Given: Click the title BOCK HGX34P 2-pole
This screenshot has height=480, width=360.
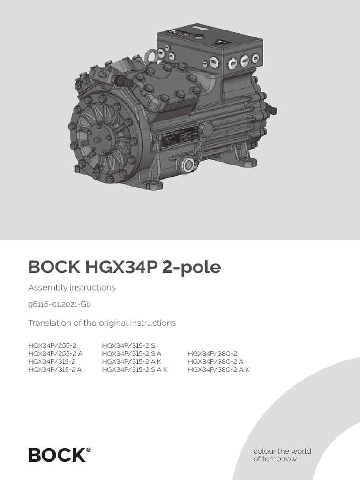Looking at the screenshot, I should tap(124, 267).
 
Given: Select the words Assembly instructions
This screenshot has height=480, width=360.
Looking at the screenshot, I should tap(72, 287).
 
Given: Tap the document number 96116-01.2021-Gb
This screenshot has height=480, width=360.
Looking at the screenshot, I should tap(60, 304).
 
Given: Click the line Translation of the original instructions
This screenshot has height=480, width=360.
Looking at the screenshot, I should tap(102, 323).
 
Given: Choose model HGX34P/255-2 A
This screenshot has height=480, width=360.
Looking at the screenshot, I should tap(55, 353).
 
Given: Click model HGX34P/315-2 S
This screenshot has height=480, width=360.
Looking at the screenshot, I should tap(128, 345).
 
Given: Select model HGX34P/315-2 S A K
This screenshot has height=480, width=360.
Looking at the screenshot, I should tap(135, 369).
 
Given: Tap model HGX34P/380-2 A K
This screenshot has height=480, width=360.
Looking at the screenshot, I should tap(219, 369).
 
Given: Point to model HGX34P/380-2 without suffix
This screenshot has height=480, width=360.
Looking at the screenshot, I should tap(212, 353).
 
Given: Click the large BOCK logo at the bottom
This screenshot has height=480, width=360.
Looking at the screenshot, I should tap(57, 455).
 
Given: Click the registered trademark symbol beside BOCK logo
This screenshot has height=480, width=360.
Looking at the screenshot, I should tap(89, 450).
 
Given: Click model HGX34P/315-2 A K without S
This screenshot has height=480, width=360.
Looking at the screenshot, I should tap(131, 361).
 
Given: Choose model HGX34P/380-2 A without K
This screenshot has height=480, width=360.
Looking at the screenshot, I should tap(216, 361).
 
